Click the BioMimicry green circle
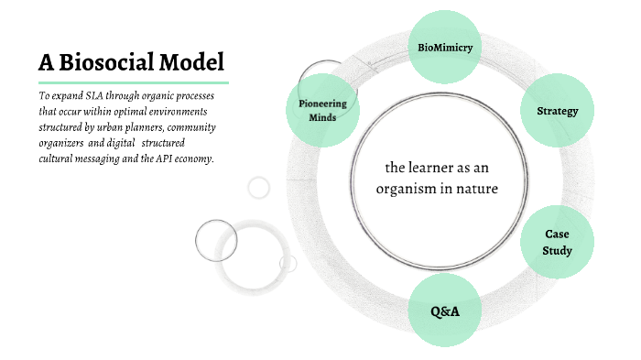444,48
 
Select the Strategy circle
557,112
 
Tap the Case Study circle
557,243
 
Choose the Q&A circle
444,311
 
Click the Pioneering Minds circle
322,110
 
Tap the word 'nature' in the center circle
476,189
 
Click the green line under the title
133,82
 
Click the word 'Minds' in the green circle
322,117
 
